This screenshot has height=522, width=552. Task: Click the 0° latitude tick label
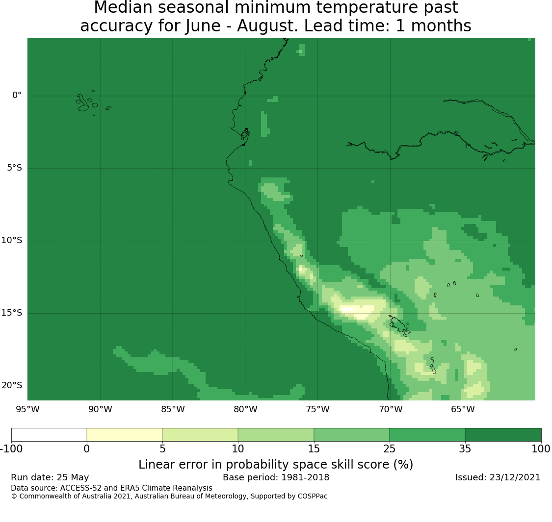pos(17,95)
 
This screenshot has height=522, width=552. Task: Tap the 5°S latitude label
pos(14,168)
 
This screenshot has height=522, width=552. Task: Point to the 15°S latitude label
pos(12,313)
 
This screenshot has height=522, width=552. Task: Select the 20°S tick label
pos(12,386)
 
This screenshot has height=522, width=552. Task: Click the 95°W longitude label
pos(27,409)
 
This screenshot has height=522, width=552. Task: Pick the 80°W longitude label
pos(245,409)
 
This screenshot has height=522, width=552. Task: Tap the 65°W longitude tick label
pos(463,409)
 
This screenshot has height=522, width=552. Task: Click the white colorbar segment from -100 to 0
pos(49,435)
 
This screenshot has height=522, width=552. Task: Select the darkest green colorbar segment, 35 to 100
pos(503,435)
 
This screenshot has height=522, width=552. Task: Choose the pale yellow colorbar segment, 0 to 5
pos(124,435)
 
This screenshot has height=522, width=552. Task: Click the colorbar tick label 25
pos(390,449)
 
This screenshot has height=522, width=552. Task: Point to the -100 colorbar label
pos(11,449)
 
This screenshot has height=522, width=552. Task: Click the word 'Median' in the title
pos(119,7)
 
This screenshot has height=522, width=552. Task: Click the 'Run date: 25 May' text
pos(50,477)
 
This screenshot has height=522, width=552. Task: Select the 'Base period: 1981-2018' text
pos(276,477)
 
